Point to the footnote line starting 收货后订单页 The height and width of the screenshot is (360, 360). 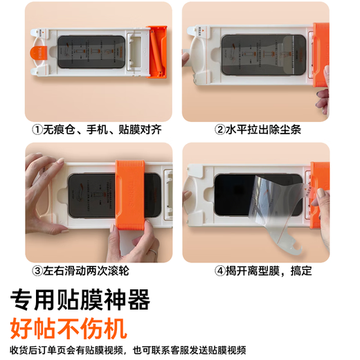tap(128, 350)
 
